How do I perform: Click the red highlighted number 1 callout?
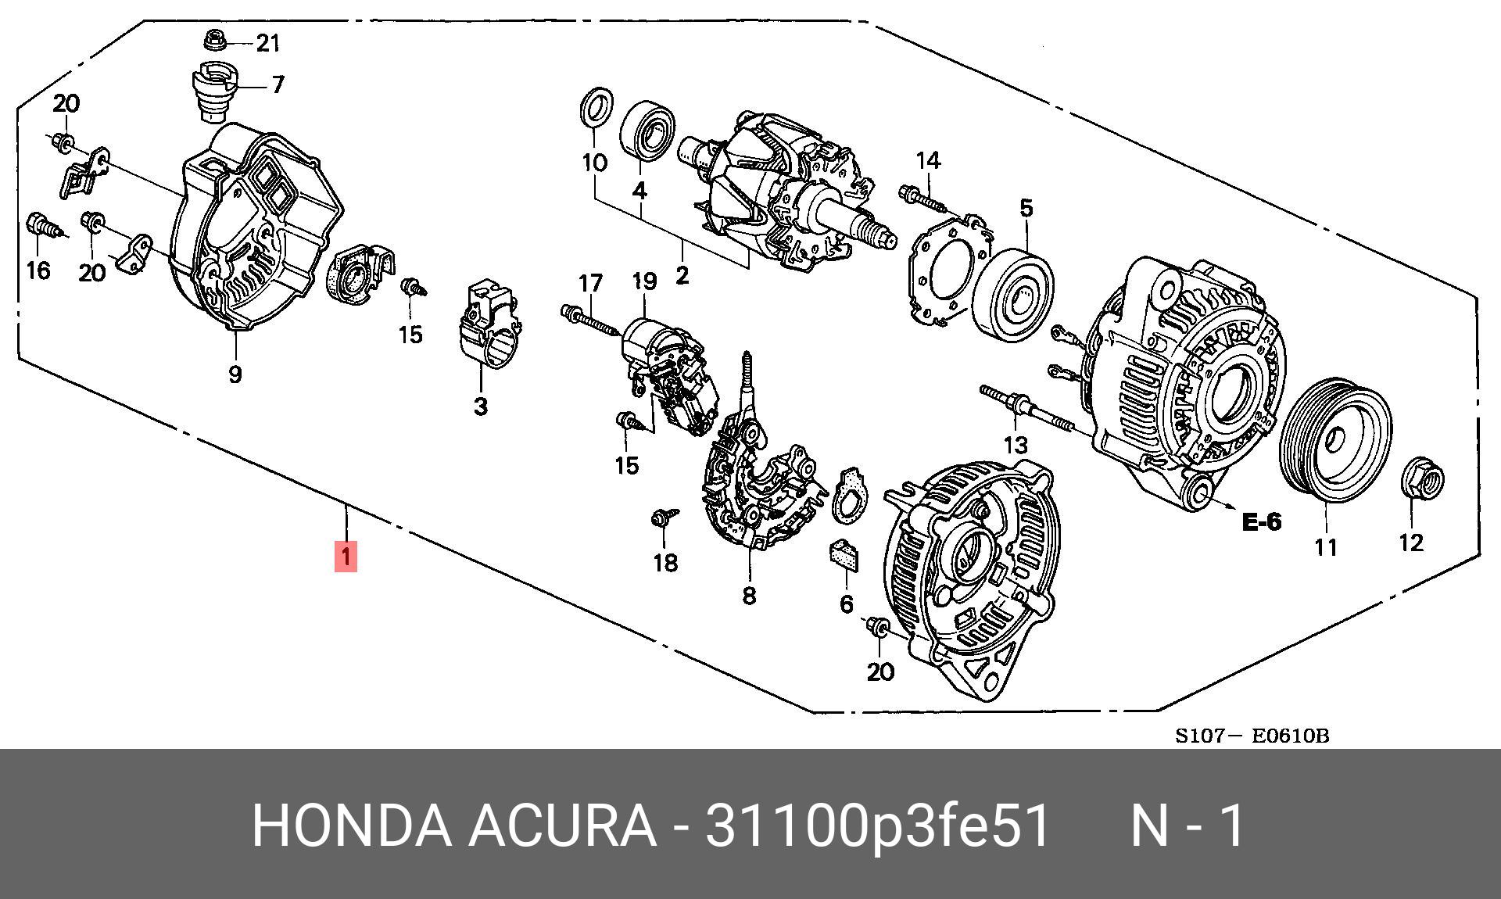(346, 557)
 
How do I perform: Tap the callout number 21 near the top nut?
(268, 43)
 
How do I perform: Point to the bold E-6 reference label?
(1262, 521)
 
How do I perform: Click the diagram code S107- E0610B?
(1252, 736)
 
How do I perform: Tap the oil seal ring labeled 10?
(595, 108)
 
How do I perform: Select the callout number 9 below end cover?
(235, 374)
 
